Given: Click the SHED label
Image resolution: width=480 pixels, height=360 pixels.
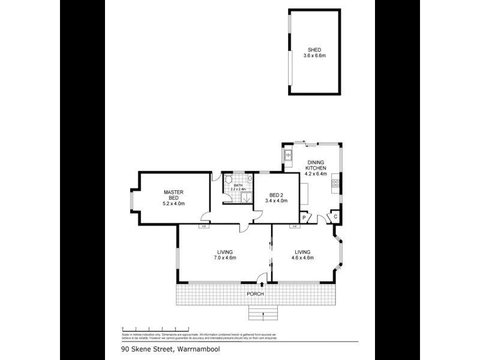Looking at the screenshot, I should click(313, 51).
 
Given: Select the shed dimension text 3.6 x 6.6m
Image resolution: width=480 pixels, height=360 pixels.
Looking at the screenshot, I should click(313, 56).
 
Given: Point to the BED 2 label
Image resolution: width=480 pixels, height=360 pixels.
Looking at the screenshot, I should click(275, 194).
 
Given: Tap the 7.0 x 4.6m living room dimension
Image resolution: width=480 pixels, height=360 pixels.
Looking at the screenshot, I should click(225, 258).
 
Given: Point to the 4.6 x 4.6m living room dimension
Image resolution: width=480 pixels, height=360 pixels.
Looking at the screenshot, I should click(304, 258).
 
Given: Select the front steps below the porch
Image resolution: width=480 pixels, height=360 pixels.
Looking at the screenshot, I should click(264, 313).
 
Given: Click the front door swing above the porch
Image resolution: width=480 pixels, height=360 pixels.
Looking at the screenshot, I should click(262, 277).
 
